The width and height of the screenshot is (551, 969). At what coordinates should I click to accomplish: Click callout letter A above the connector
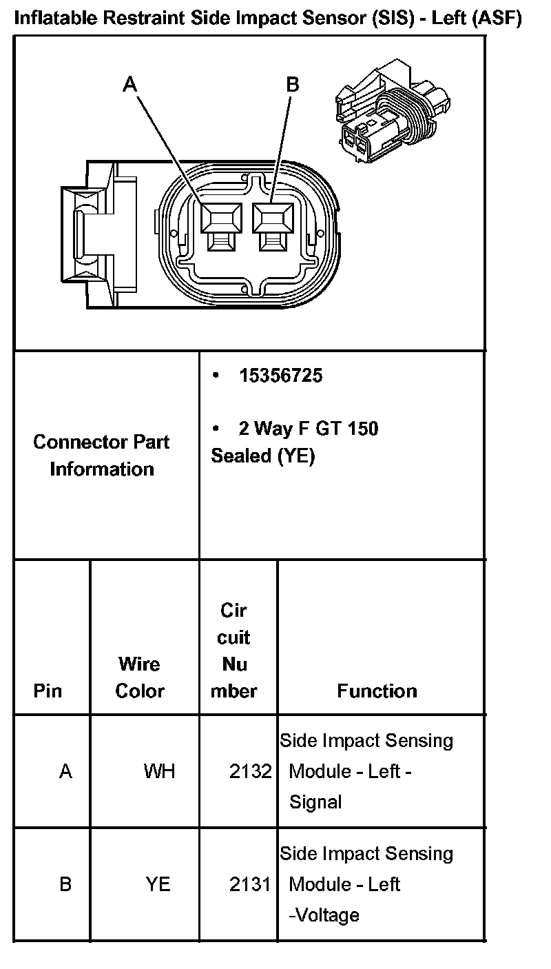(x=130, y=85)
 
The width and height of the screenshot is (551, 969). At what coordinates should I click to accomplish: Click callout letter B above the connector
(x=293, y=85)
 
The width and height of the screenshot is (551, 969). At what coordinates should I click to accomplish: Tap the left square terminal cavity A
(x=220, y=220)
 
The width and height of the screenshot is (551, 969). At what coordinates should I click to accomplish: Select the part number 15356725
(x=280, y=376)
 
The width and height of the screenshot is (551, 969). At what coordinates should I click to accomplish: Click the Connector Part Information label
(x=102, y=456)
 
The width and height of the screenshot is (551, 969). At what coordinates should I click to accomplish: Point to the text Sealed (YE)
(x=262, y=456)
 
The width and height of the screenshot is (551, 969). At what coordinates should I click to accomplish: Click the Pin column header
(x=48, y=691)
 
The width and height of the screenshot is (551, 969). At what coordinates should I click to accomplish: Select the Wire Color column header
(x=140, y=677)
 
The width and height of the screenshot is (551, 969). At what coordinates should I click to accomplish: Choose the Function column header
(x=377, y=691)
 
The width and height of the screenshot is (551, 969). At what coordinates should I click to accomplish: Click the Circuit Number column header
(x=233, y=651)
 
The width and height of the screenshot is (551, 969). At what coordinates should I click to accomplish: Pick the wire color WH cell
(x=159, y=771)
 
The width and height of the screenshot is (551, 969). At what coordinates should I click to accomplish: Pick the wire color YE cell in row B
(x=158, y=884)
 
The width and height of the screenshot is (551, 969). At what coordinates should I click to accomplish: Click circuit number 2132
(x=251, y=771)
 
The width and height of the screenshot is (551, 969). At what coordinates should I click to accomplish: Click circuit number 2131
(x=251, y=884)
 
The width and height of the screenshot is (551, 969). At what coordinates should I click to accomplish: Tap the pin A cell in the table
(x=65, y=771)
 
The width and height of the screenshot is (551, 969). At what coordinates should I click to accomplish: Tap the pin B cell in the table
(x=65, y=884)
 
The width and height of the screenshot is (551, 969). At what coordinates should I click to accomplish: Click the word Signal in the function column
(x=315, y=802)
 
